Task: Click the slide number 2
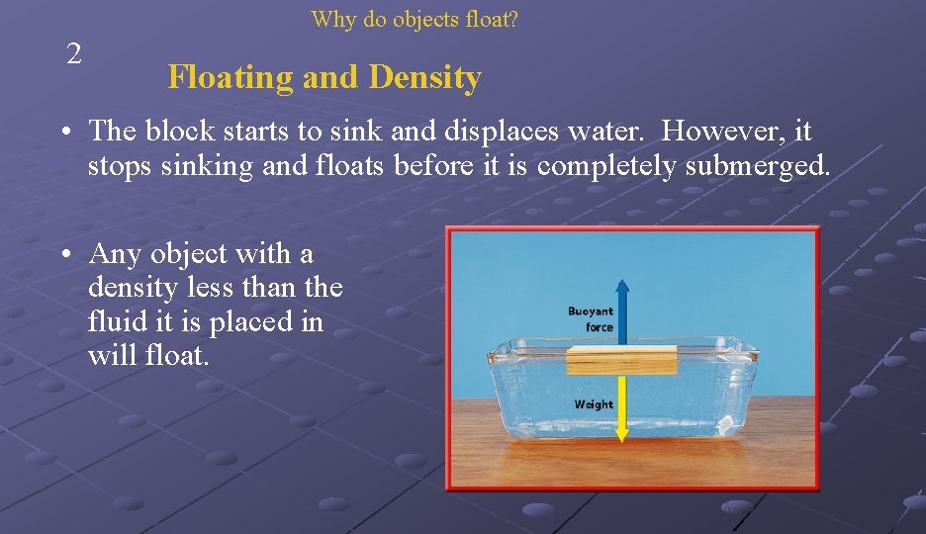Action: point(74,54)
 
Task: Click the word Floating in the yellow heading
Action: point(230,77)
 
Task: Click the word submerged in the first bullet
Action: point(766,166)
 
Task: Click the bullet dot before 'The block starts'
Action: point(63,133)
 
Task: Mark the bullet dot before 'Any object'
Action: point(63,255)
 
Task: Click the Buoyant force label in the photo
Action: point(591,319)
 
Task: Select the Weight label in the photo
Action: point(594,404)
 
